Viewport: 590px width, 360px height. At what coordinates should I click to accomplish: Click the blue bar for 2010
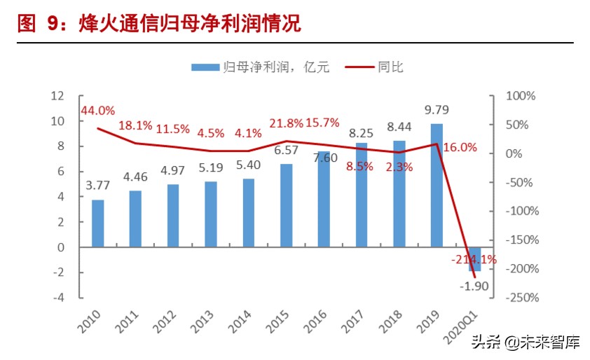click(98, 223)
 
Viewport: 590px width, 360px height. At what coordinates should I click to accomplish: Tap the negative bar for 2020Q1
click(474, 259)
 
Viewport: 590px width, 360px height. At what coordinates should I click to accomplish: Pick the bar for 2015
click(286, 205)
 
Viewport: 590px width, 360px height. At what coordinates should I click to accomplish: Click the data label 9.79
click(437, 110)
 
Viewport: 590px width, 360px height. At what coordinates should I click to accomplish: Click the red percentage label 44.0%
click(97, 111)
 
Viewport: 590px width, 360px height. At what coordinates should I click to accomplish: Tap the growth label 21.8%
click(287, 123)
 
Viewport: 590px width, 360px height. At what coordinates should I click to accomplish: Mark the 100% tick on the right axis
click(519, 96)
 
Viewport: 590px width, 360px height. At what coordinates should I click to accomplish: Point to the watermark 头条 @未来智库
click(525, 342)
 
